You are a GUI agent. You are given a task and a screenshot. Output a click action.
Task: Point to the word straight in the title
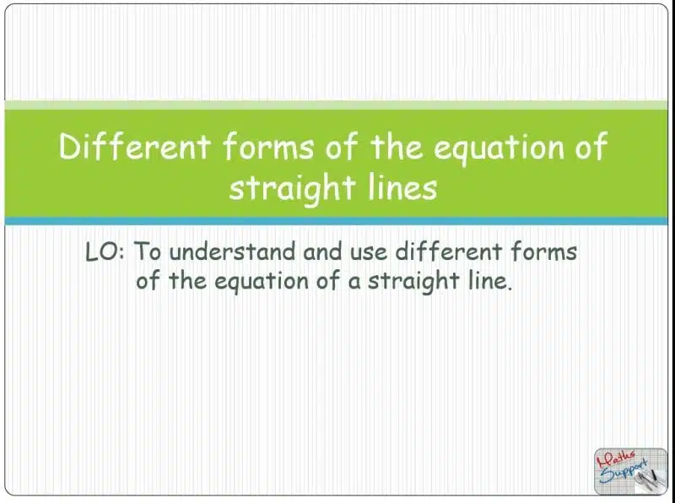coord(292,189)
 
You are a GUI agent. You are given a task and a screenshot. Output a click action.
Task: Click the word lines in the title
coord(403,187)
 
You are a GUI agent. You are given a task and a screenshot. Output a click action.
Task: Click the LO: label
coord(105,251)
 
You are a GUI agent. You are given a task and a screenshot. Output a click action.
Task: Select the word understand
coord(232,251)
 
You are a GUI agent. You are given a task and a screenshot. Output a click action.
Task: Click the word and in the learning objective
coord(323,251)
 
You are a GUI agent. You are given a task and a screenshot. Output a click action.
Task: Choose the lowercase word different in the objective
coord(449,251)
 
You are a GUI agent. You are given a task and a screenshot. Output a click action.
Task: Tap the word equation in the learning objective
coord(262,283)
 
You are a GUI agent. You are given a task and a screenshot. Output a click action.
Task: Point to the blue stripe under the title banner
coord(336,221)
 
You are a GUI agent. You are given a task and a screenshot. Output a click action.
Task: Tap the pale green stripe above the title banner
coord(336,105)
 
